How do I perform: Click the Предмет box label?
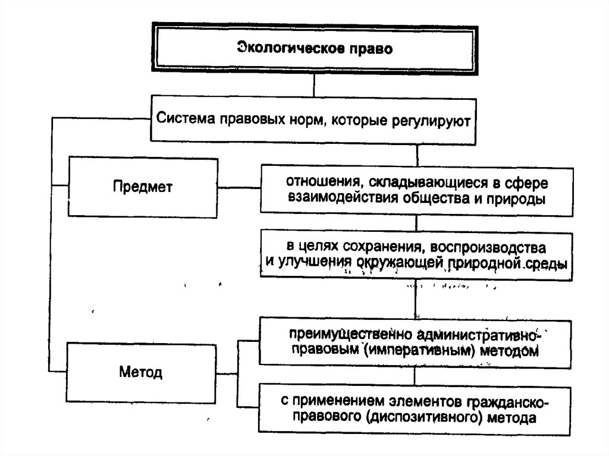143,187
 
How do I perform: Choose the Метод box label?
140,372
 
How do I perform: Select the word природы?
516,199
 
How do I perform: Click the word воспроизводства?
488,248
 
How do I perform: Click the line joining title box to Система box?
314,86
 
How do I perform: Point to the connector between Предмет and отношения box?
239,188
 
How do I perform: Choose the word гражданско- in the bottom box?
508,403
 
